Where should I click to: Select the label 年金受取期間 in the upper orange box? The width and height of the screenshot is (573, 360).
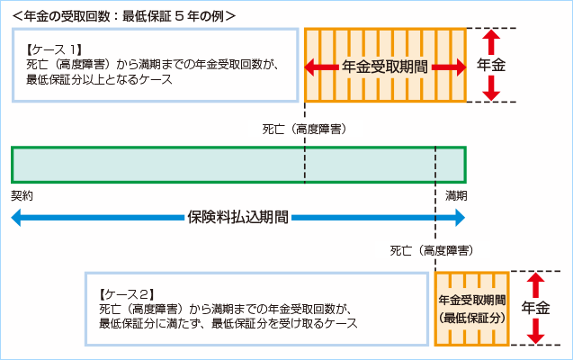pyautogui.click(x=384, y=67)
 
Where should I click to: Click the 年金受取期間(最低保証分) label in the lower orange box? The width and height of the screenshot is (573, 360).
pyautogui.click(x=471, y=309)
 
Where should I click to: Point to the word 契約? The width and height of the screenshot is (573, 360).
pyautogui.click(x=22, y=194)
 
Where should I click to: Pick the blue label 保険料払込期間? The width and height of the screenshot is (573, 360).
pyautogui.click(x=238, y=217)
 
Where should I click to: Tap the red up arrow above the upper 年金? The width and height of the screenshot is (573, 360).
pyautogui.click(x=491, y=40)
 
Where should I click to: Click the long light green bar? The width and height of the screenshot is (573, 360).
pyautogui.click(x=238, y=165)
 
